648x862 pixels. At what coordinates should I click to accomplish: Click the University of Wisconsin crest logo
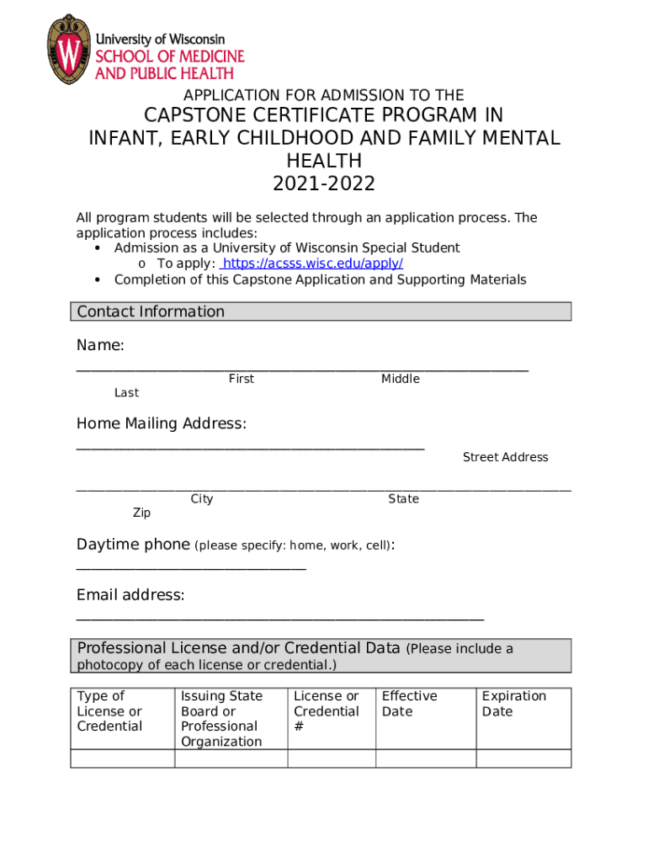point(68,49)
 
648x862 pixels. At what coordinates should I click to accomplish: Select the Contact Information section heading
point(151,311)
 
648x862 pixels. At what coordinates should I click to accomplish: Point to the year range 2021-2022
point(324,184)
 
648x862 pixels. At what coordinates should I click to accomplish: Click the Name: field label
point(100,345)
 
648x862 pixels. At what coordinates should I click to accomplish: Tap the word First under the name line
point(241,379)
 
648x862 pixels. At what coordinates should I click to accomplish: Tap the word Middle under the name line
point(400,379)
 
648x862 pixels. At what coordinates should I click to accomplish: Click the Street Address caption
point(505,457)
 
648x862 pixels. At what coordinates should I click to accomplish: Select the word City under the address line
point(201,499)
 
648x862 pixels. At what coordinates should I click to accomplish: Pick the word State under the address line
point(403,499)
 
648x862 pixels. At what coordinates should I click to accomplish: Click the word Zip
point(141,513)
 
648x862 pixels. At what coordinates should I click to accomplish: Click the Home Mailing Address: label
point(162,423)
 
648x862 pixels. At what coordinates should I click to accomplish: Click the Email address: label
point(130,595)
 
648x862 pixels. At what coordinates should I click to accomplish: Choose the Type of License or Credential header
point(109,711)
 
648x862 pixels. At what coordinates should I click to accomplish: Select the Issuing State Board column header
point(221,718)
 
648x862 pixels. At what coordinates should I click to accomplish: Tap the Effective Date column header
point(409,704)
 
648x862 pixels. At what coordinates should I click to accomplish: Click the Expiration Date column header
point(513,704)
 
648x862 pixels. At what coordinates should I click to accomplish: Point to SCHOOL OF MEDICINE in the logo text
point(169,56)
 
